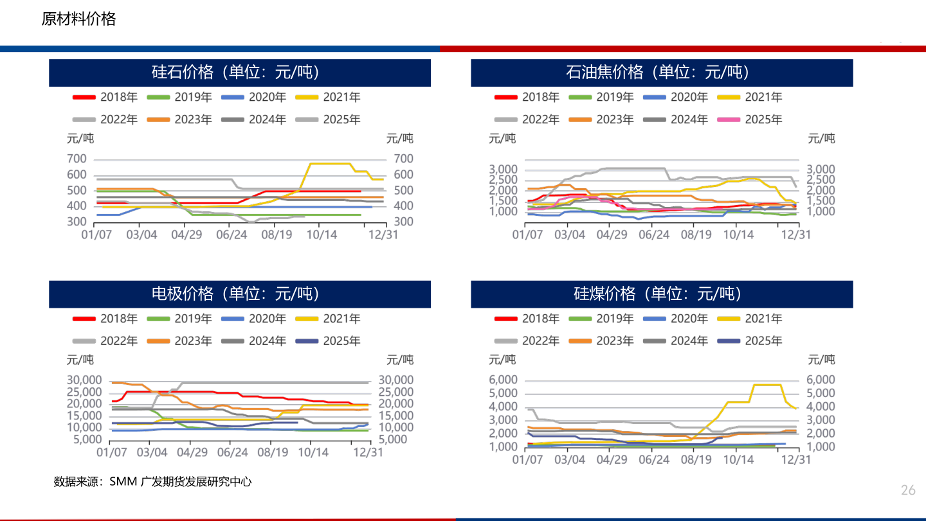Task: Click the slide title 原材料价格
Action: pos(78,19)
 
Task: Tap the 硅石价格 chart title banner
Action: pos(240,73)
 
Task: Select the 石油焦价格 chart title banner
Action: pos(662,73)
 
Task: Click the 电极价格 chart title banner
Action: pos(240,294)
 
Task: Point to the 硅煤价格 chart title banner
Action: pos(662,294)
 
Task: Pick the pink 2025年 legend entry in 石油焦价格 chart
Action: pos(750,119)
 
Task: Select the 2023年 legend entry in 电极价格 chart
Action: pos(180,341)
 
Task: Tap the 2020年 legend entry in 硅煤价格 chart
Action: pos(676,319)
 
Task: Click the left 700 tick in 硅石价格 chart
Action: pos(77,159)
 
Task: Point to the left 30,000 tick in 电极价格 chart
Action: pos(84,380)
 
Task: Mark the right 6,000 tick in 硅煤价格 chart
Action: pos(821,380)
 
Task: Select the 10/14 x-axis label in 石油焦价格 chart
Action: pos(738,235)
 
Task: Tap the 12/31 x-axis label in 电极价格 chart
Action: pos(368,453)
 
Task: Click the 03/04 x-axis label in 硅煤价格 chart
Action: pos(570,460)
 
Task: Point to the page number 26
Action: pos(908,491)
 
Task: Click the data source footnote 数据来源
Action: pos(152,481)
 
